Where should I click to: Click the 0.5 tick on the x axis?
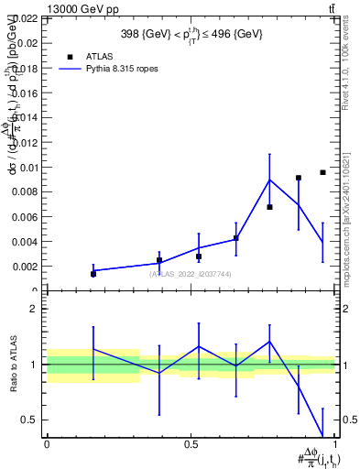click(x=191, y=444)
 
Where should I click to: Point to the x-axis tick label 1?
click(x=336, y=444)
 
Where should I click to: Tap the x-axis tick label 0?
click(x=47, y=444)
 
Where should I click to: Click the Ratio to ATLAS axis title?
click(x=14, y=365)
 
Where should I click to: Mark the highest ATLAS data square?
click(x=322, y=172)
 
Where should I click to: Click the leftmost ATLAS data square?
click(x=93, y=274)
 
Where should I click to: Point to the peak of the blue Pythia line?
click(x=269, y=180)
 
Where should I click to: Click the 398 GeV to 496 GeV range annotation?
click(x=191, y=34)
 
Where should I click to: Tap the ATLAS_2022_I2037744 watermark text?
click(x=191, y=274)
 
